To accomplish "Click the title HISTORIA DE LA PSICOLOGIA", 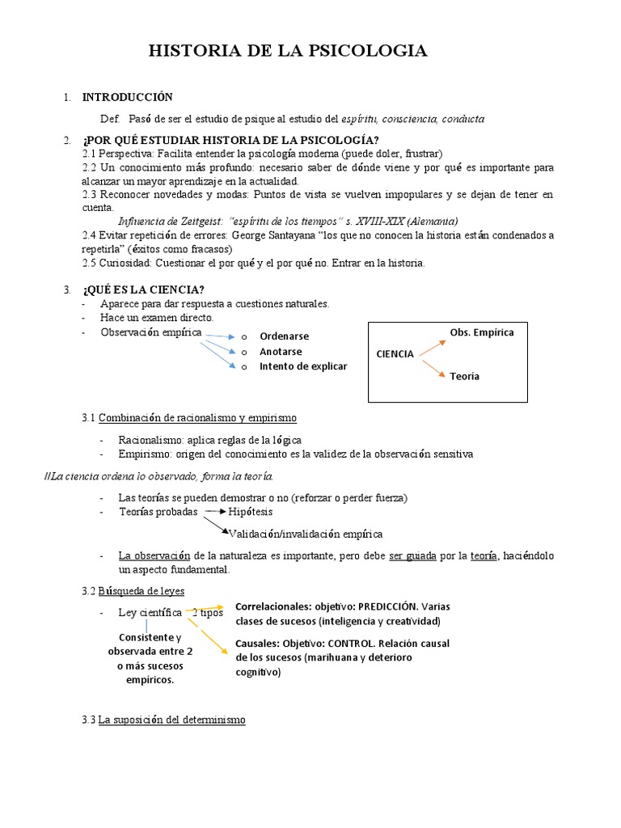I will click(288, 52).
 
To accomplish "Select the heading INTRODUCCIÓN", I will click(127, 97).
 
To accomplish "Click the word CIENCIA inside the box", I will click(395, 354).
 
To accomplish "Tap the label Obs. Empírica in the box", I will click(482, 332).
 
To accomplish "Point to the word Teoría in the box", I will click(465, 376).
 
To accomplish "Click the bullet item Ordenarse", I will click(284, 336).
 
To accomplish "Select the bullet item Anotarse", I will click(281, 352).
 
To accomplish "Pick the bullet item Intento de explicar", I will click(303, 366).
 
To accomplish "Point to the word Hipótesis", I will click(251, 512).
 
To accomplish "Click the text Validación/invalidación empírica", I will click(306, 534).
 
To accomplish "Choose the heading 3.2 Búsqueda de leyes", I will click(133, 590).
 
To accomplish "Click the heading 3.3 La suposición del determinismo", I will click(164, 720).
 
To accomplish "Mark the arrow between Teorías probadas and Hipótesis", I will click(214, 512).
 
